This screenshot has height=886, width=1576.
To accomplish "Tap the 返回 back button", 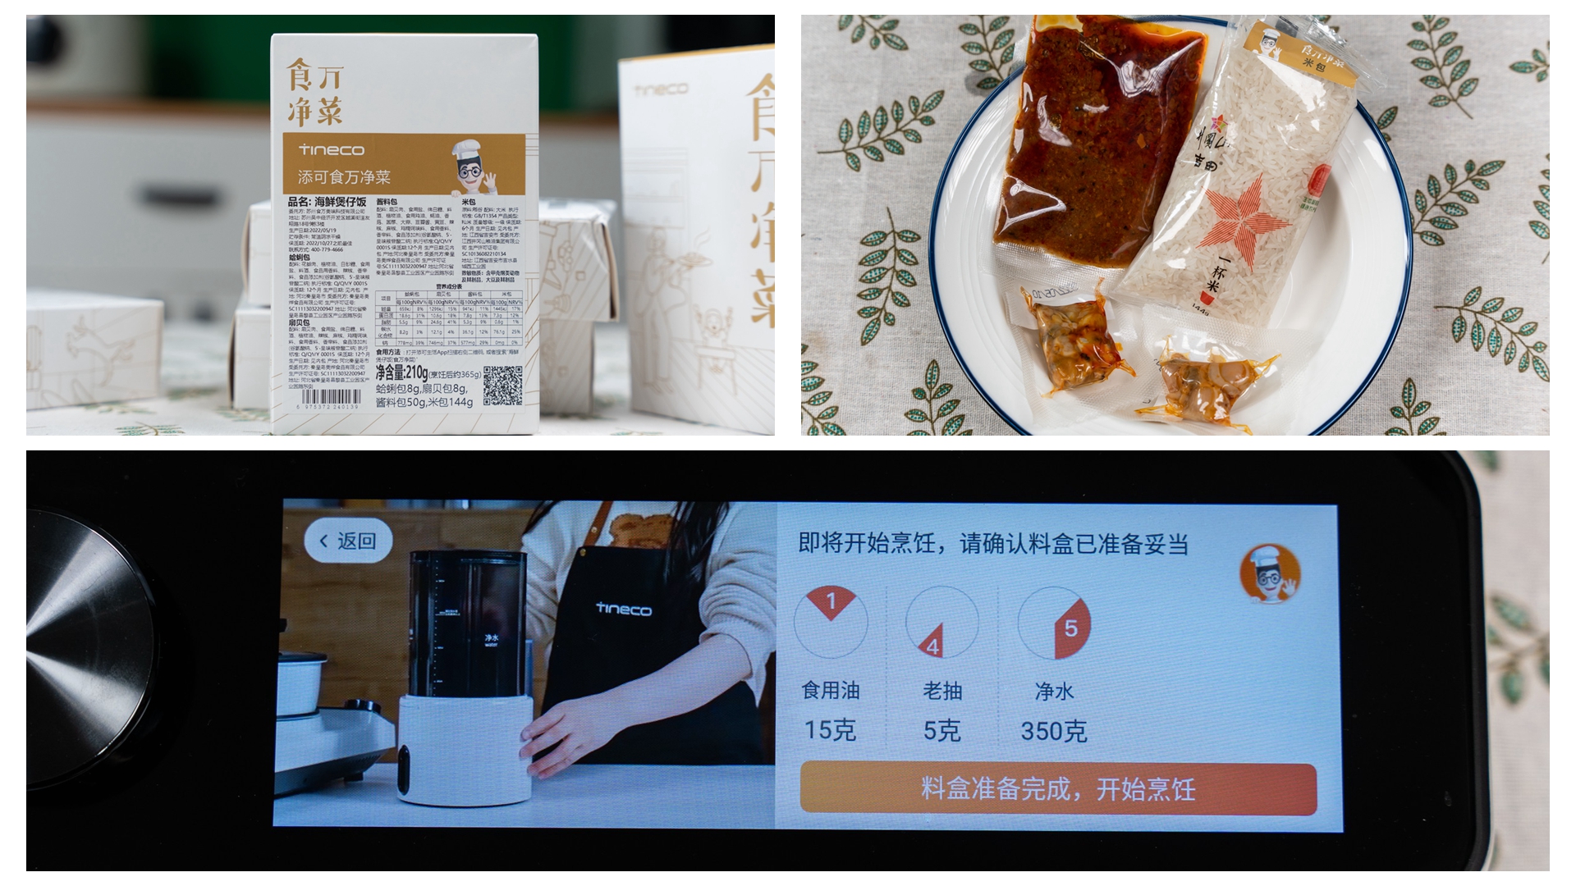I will (347, 541).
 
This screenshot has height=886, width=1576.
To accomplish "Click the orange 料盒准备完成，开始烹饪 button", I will (1057, 788).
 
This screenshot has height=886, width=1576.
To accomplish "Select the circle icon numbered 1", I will (830, 622).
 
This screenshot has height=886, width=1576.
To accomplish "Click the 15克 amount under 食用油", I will (830, 730).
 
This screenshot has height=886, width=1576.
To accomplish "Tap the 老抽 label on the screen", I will (941, 692).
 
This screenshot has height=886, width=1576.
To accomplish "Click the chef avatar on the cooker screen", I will (1270, 573).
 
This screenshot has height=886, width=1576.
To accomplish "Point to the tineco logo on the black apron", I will (624, 610).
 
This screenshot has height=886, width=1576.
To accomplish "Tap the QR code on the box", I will (502, 386).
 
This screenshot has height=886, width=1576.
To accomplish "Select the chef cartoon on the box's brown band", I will (474, 167).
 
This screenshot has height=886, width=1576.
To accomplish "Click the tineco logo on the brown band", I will (332, 150).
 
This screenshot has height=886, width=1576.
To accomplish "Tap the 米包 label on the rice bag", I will (1313, 65).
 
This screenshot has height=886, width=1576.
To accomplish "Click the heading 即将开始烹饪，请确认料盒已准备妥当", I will (993, 544).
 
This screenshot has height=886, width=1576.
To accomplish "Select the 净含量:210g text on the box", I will (401, 374).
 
